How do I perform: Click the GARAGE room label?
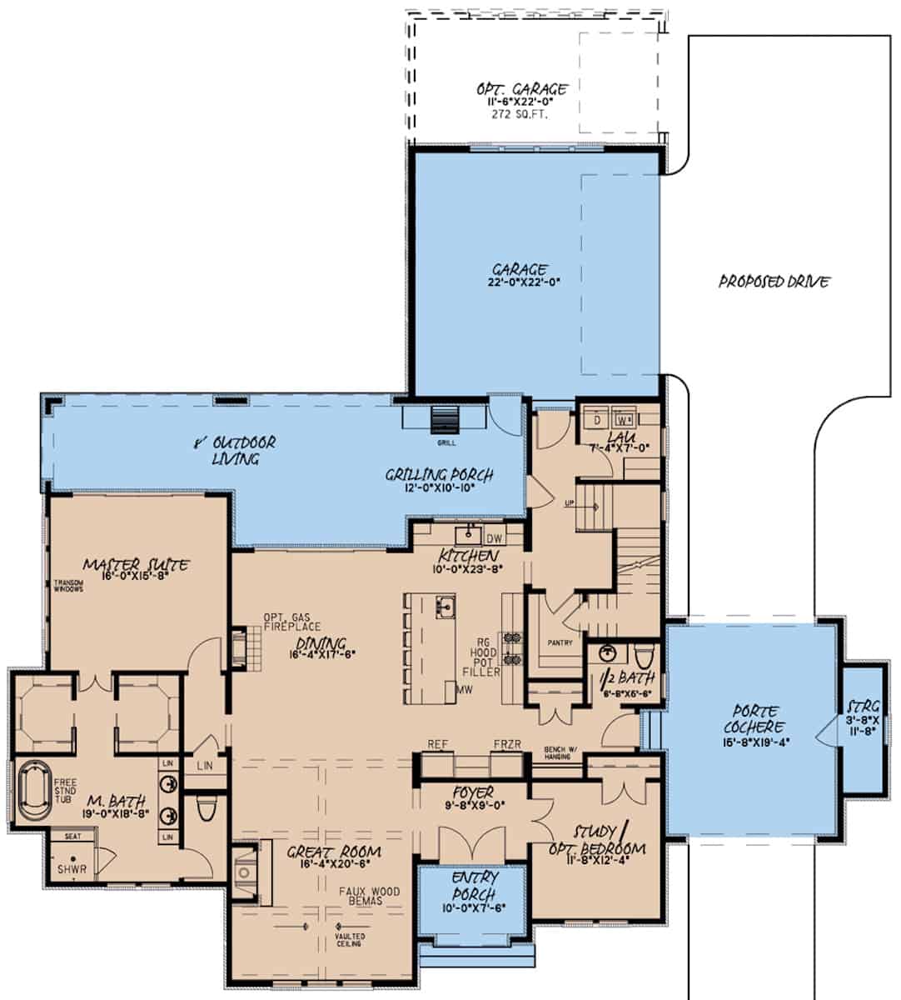(x=520, y=270)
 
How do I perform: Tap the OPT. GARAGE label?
(x=522, y=89)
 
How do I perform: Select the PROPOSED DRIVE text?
(x=774, y=282)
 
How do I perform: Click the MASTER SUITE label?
(x=136, y=565)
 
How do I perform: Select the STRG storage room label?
(x=862, y=705)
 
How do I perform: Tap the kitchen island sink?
(x=446, y=606)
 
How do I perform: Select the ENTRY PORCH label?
(x=475, y=885)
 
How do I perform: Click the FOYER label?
(x=472, y=792)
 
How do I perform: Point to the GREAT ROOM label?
(x=334, y=852)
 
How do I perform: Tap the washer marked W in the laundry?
(x=625, y=419)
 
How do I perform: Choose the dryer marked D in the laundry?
(x=596, y=419)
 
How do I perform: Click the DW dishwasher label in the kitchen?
(x=494, y=538)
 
